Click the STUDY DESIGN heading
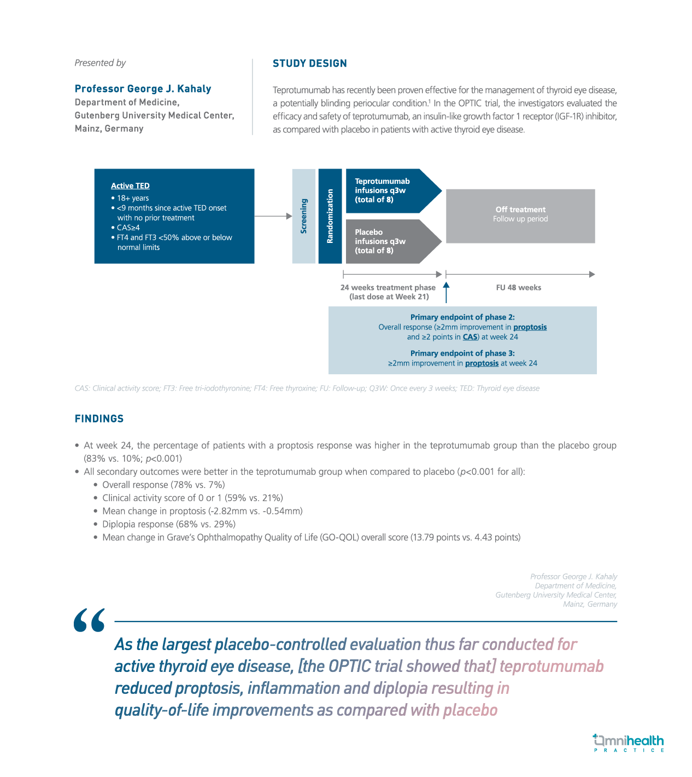pos(309,63)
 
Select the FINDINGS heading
pos(99,419)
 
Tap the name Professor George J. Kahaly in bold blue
pos(143,89)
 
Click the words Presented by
pos(100,63)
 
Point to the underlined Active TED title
pos(130,186)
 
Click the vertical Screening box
pos(304,216)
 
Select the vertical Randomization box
pos(330,216)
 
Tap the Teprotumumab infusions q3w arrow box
pos(388,190)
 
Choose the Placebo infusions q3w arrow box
pos(388,241)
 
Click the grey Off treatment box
pos(520,216)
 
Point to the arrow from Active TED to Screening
pos(273,216)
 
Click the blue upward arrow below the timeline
pos(446,292)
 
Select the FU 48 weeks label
pos(518,288)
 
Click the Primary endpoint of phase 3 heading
pos(462,353)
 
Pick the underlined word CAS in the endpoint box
pos(470,337)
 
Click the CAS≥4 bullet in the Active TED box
pos(128,228)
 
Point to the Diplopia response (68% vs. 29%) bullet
pos(168,524)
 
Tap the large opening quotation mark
pos(89,621)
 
